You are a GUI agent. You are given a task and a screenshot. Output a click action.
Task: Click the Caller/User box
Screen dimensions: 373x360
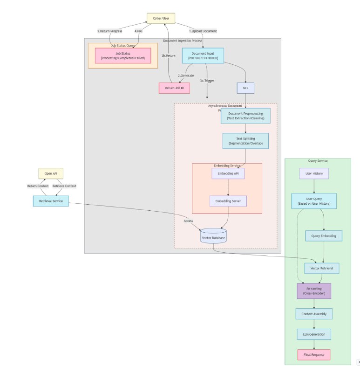pos(161,18)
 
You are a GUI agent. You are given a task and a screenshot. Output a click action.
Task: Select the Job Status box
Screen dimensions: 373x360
pos(123,55)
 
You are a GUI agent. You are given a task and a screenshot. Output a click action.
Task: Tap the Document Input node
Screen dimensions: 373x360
pos(203,55)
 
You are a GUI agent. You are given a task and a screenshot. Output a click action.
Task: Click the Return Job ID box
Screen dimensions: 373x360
pos(174,87)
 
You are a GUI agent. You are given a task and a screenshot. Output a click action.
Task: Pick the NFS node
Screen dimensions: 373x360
pos(245,87)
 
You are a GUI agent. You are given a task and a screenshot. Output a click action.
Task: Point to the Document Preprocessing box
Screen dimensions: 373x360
pos(245,116)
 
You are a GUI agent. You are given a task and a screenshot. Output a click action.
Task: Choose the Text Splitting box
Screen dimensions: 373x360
pos(245,141)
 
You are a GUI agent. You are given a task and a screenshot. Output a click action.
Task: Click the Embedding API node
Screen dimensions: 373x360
pos(228,173)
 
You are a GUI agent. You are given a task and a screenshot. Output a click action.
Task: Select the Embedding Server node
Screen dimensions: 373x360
pos(228,201)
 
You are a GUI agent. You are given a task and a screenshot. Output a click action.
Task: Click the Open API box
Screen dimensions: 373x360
pos(51,173)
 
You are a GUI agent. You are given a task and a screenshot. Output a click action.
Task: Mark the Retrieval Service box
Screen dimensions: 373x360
pos(51,201)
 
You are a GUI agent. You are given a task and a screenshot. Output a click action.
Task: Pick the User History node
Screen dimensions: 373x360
pos(314,173)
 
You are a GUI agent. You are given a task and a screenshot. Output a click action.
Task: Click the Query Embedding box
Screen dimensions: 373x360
pos(324,236)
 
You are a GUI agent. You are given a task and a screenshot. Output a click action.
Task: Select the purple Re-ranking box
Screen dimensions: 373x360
pos(314,291)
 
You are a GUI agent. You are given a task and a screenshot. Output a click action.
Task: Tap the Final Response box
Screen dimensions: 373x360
pos(314,355)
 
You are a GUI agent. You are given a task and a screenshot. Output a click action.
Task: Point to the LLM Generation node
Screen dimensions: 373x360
pos(314,334)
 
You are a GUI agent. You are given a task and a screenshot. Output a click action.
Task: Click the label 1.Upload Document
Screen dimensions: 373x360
pos(203,31)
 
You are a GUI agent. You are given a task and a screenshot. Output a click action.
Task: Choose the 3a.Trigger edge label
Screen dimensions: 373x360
pos(207,80)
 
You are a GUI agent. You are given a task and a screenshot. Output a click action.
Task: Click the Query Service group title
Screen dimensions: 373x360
pos(318,161)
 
